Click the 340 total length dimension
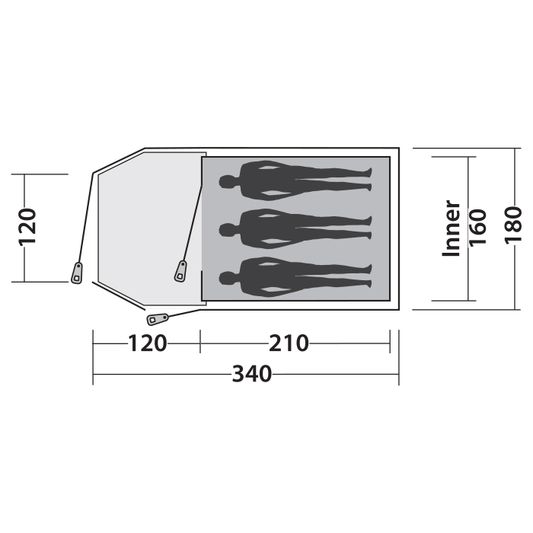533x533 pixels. [x=252, y=374]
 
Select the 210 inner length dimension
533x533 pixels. [x=289, y=343]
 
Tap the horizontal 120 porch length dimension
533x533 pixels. [x=147, y=343]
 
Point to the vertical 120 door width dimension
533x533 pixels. [x=27, y=227]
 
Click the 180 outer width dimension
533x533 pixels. [x=513, y=225]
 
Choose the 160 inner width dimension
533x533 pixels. [x=477, y=228]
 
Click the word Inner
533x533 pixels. [x=451, y=228]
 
